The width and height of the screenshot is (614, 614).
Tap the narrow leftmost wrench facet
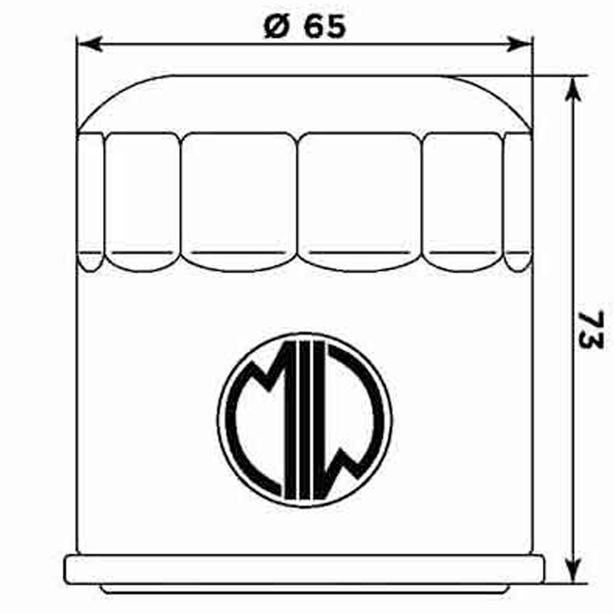point(91,200)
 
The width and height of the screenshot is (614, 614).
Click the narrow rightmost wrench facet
point(518,200)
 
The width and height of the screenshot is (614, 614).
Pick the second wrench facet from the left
point(143,200)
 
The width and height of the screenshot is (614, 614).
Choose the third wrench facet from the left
point(239,200)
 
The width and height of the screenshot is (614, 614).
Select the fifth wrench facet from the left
point(464,200)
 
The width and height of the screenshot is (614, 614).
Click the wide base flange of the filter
point(304,569)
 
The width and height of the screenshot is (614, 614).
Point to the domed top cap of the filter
point(304,102)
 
